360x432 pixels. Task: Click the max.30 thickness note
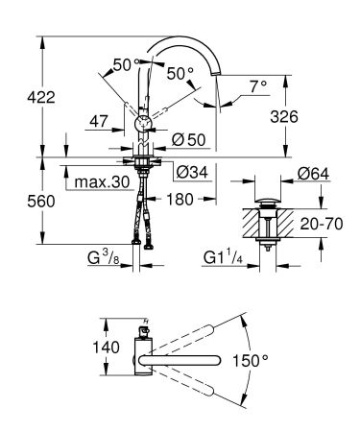102,180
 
